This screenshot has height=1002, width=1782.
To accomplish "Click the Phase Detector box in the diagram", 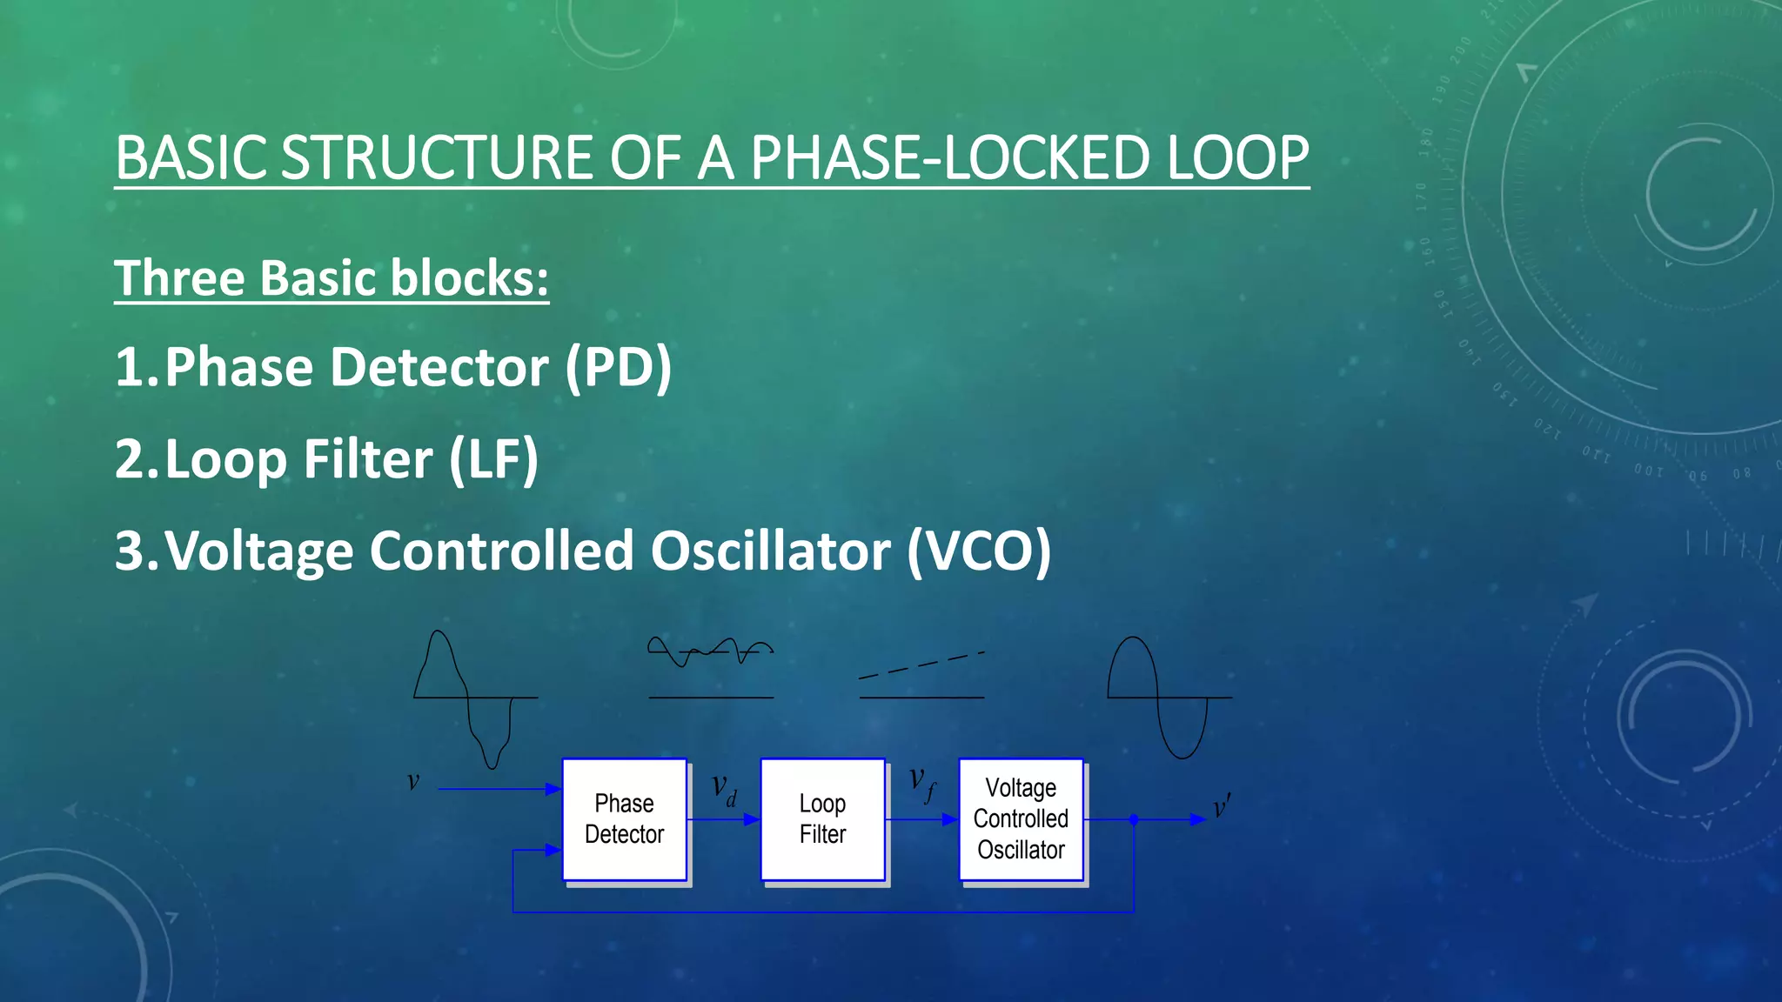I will [624, 818].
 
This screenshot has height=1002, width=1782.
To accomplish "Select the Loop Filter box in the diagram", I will [822, 818].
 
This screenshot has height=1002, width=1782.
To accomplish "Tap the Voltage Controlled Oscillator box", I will [1021, 818].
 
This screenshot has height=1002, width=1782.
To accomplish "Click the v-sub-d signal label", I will [724, 790].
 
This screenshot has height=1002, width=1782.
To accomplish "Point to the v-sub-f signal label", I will [922, 783].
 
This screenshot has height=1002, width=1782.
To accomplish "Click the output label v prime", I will [1222, 807].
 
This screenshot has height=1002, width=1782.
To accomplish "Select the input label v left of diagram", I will [413, 781].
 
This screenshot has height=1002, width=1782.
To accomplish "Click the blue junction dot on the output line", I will [1134, 819].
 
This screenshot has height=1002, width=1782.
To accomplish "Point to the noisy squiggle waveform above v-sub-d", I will [710, 651].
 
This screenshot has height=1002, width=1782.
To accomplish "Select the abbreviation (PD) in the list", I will [618, 367].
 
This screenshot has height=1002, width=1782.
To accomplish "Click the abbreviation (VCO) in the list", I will [978, 551].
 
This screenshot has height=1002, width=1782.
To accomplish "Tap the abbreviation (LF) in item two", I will [493, 459].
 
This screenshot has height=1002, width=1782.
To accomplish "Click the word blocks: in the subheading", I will [470, 278].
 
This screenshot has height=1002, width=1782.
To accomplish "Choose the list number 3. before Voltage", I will [137, 551].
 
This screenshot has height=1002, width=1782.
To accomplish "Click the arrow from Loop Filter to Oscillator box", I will [922, 819].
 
